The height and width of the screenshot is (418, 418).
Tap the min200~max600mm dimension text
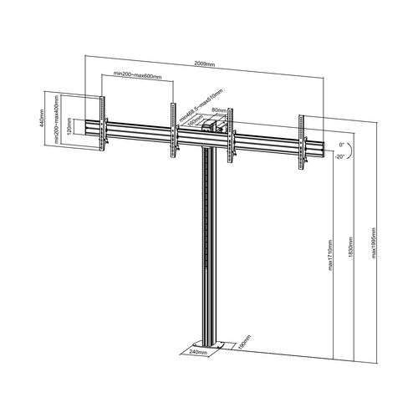pyautogui.click(x=138, y=77)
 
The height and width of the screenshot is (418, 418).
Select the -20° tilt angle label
pyautogui.click(x=340, y=155)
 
